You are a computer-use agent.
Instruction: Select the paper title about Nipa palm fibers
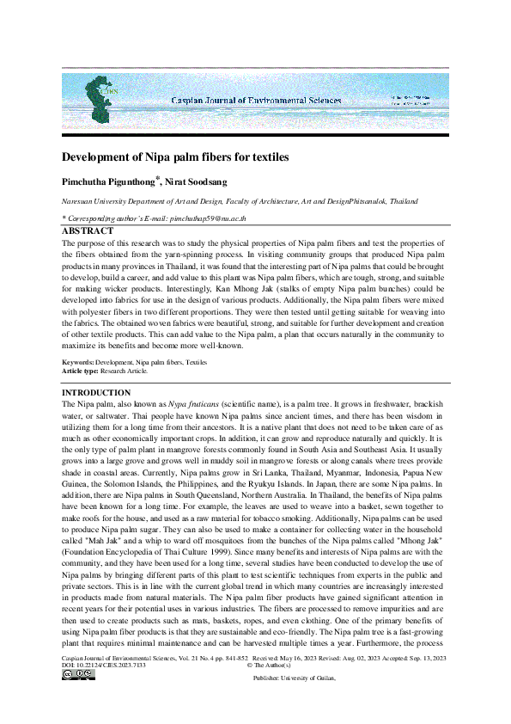point(175,157)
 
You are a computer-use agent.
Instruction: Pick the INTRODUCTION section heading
point(94,392)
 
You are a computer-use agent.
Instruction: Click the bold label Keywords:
point(79,363)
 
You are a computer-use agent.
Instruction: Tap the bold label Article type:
point(82,371)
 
